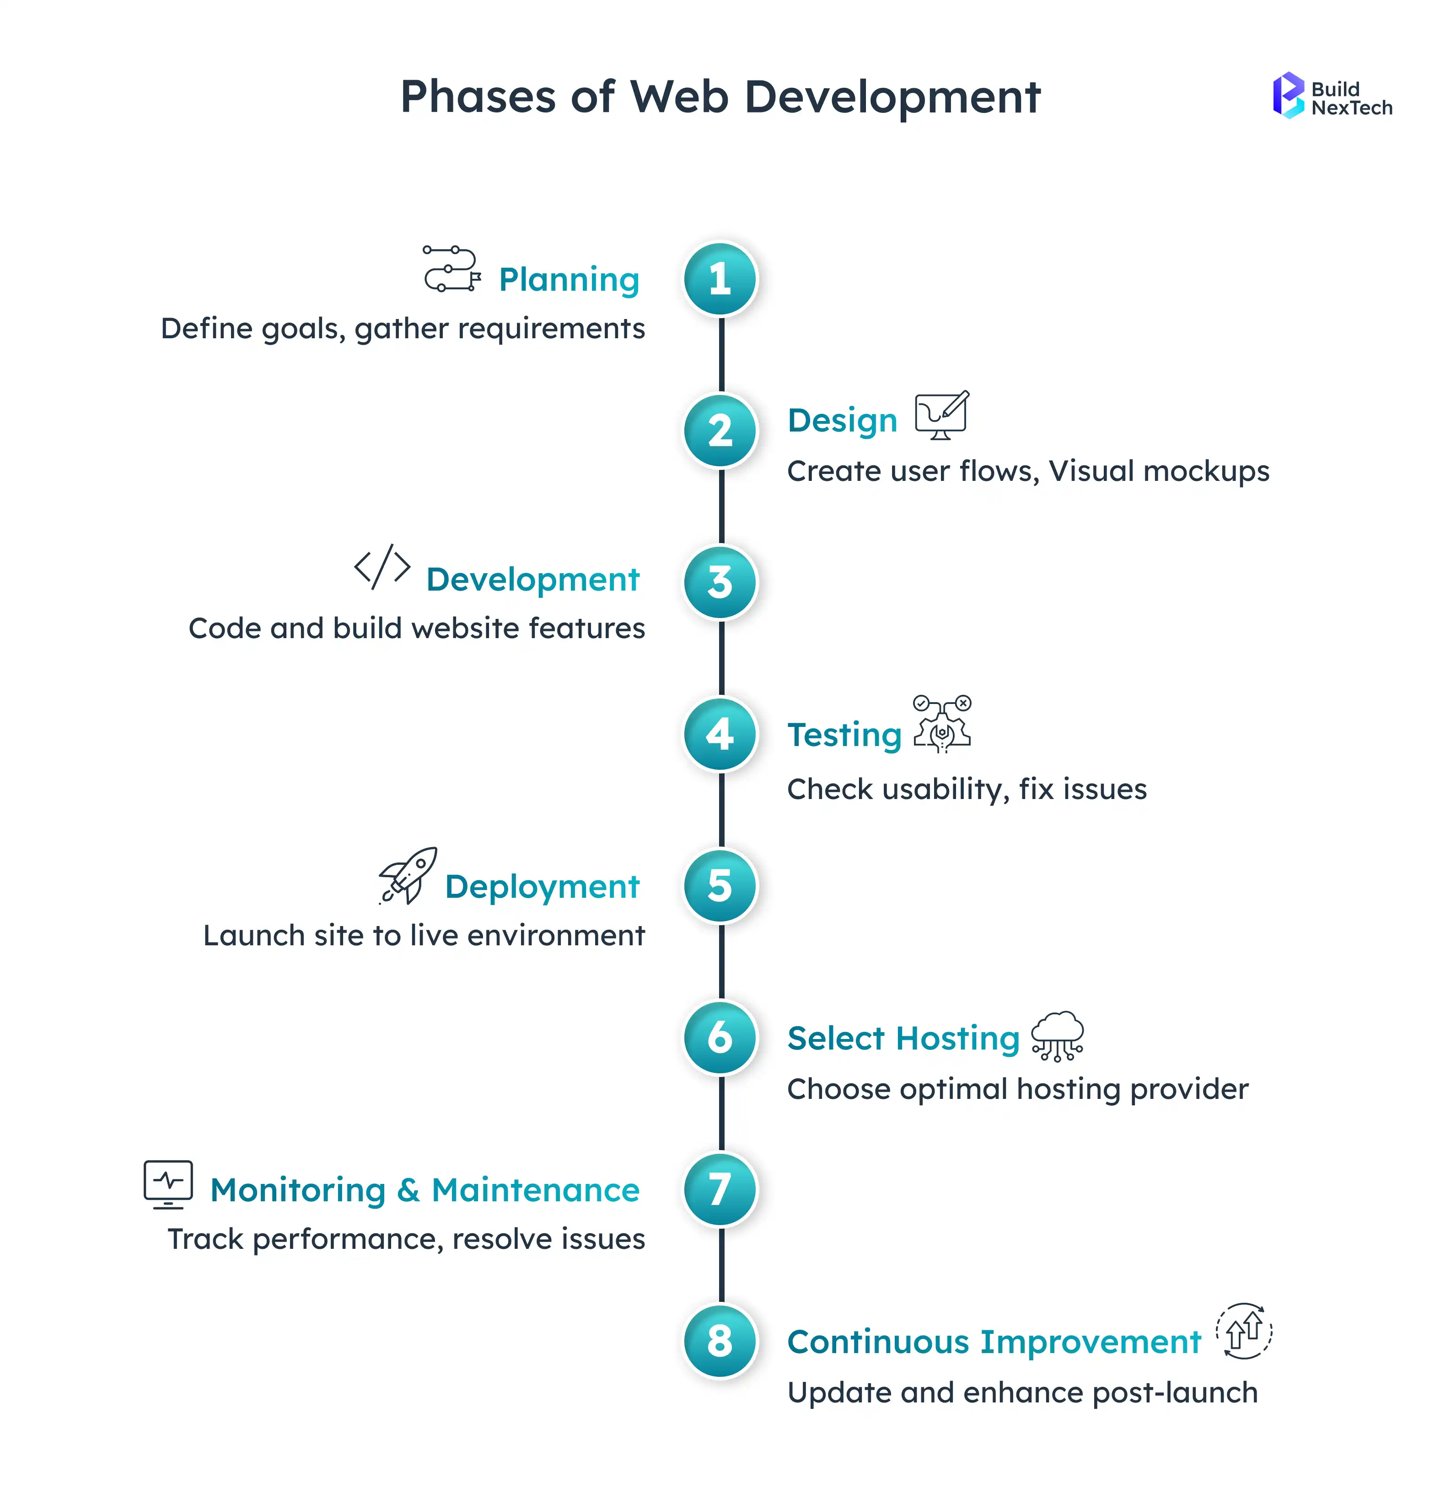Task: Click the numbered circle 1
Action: (x=720, y=279)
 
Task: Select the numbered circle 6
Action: (x=720, y=1038)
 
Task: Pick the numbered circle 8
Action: (x=720, y=1341)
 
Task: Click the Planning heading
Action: (x=569, y=280)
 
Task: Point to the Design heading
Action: (x=842, y=421)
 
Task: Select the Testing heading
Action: (x=844, y=735)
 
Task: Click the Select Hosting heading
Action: (x=903, y=1038)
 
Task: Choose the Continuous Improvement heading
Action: (x=994, y=1342)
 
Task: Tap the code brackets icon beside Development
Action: (x=382, y=567)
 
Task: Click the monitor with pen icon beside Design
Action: (x=941, y=415)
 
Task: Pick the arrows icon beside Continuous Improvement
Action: (x=1244, y=1331)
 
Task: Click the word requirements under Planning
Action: (x=551, y=329)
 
